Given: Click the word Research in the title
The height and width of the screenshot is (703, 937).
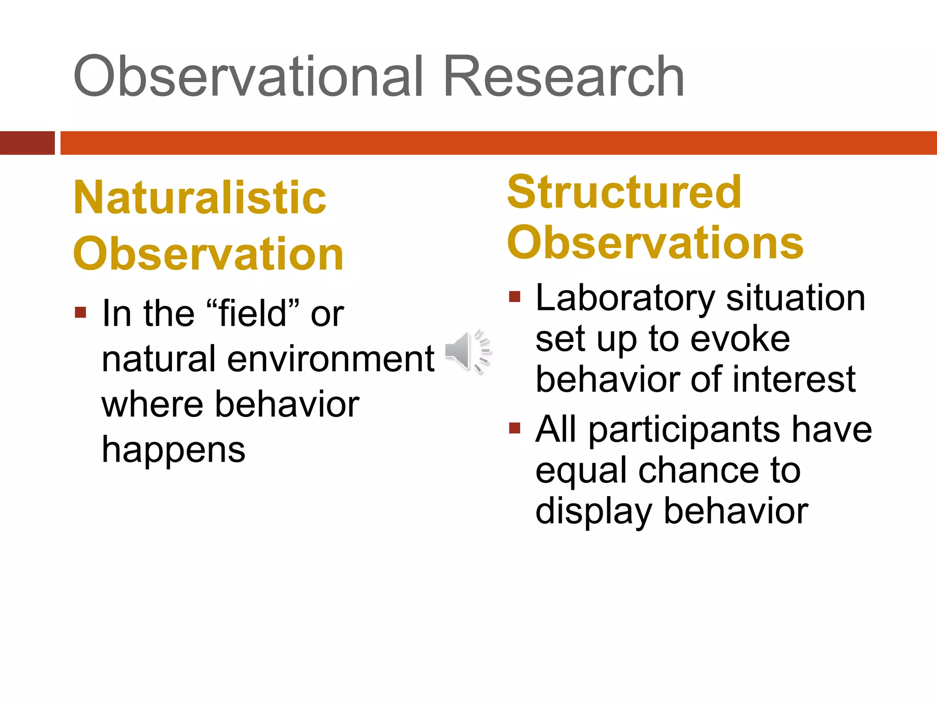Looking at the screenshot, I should tap(563, 76).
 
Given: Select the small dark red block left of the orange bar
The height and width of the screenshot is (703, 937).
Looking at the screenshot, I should tap(27, 143).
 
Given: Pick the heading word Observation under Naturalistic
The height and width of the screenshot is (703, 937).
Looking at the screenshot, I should tap(208, 254).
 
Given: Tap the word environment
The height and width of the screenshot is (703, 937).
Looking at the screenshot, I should tap(330, 359).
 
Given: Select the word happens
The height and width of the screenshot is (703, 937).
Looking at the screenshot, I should tap(173, 450).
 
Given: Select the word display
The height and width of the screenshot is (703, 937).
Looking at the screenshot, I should tap(593, 512).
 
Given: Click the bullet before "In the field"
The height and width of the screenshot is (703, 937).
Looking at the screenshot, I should tap(81, 313).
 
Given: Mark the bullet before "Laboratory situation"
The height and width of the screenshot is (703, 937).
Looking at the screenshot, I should tap(515, 297).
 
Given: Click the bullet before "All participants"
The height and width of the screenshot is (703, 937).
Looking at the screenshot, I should tap(515, 428).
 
